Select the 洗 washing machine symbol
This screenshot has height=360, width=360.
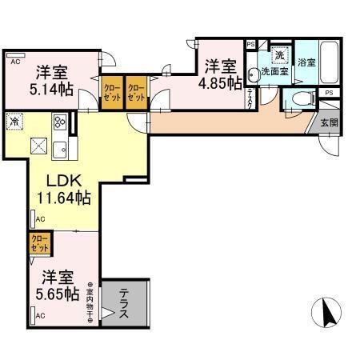pyautogui.click(x=279, y=55)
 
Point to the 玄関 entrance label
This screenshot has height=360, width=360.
pyautogui.click(x=329, y=122)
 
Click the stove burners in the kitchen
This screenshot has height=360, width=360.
pyautogui.click(x=60, y=122)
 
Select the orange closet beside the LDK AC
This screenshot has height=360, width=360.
pyautogui.click(x=38, y=242)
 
